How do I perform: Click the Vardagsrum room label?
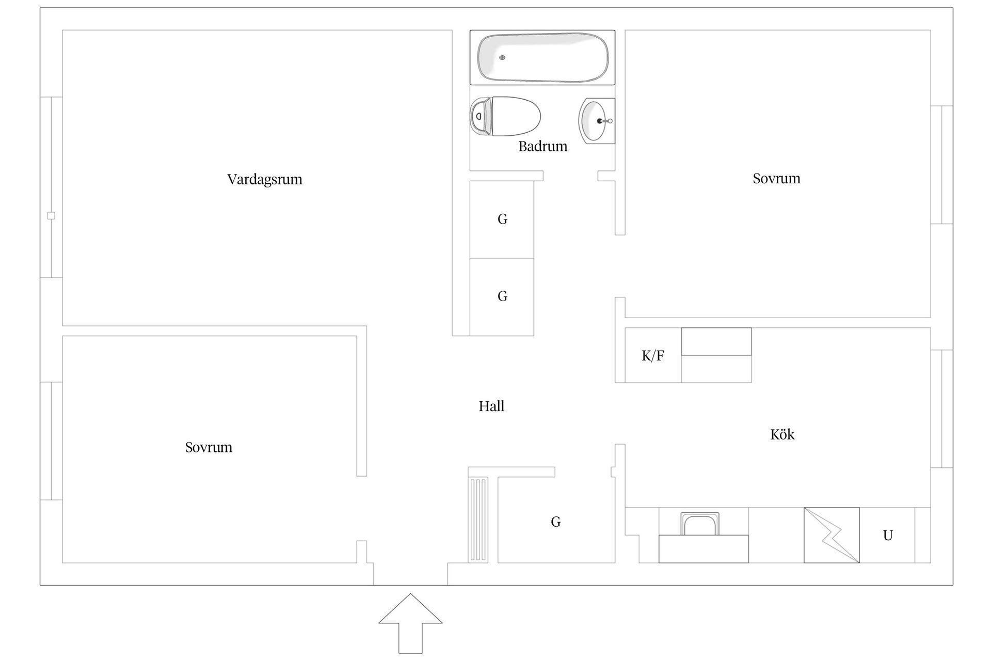click(264, 179)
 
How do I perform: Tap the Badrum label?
click(542, 146)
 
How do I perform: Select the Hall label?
click(491, 406)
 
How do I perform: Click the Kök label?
click(782, 434)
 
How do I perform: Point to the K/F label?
click(652, 355)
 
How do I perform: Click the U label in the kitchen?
click(888, 536)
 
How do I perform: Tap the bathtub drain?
click(502, 57)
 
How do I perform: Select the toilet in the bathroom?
click(506, 116)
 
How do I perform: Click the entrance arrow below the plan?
click(410, 622)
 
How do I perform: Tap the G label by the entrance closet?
click(555, 522)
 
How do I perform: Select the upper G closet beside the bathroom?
click(502, 219)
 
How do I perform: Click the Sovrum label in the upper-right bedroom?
click(776, 178)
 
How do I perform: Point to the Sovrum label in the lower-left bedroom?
click(209, 447)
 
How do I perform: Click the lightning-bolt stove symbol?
click(832, 535)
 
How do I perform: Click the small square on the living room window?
click(51, 216)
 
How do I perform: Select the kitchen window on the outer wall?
click(942, 408)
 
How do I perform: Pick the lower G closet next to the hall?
click(502, 296)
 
